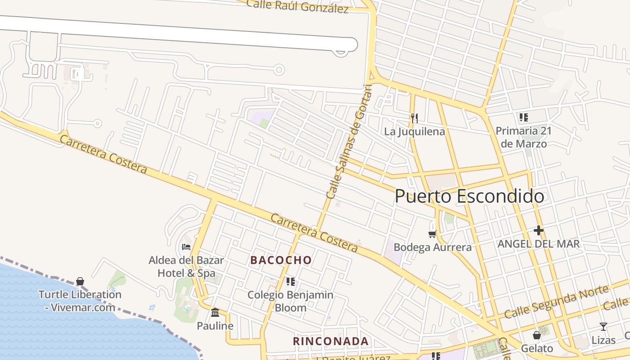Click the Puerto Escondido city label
pyautogui.click(x=469, y=197)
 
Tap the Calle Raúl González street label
pyautogui.click(x=297, y=6)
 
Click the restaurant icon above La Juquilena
pyautogui.click(x=414, y=118)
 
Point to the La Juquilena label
pyautogui.click(x=414, y=131)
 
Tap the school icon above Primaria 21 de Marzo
pyautogui.click(x=523, y=118)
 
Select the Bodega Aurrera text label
pyautogui.click(x=432, y=247)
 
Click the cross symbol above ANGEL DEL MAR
pyautogui.click(x=538, y=231)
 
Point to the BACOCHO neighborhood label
pyautogui.click(x=281, y=260)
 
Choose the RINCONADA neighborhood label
pyautogui.click(x=331, y=341)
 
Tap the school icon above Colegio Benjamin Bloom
pyautogui.click(x=291, y=282)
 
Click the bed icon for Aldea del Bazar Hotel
pyautogui.click(x=186, y=247)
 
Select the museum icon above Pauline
pyautogui.click(x=215, y=312)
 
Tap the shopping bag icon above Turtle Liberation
pyautogui.click(x=80, y=282)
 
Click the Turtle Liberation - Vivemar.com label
pyautogui.click(x=80, y=301)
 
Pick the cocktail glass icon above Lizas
pyautogui.click(x=603, y=327)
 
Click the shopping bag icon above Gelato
pyautogui.click(x=536, y=335)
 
